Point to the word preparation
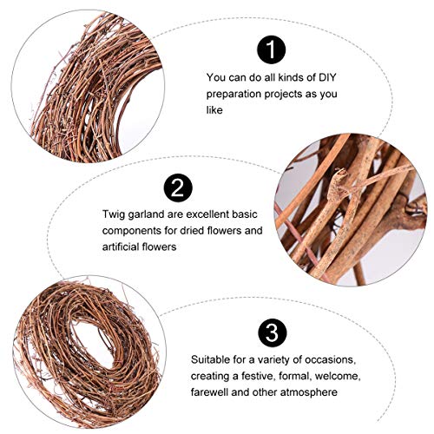(x=234, y=93)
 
